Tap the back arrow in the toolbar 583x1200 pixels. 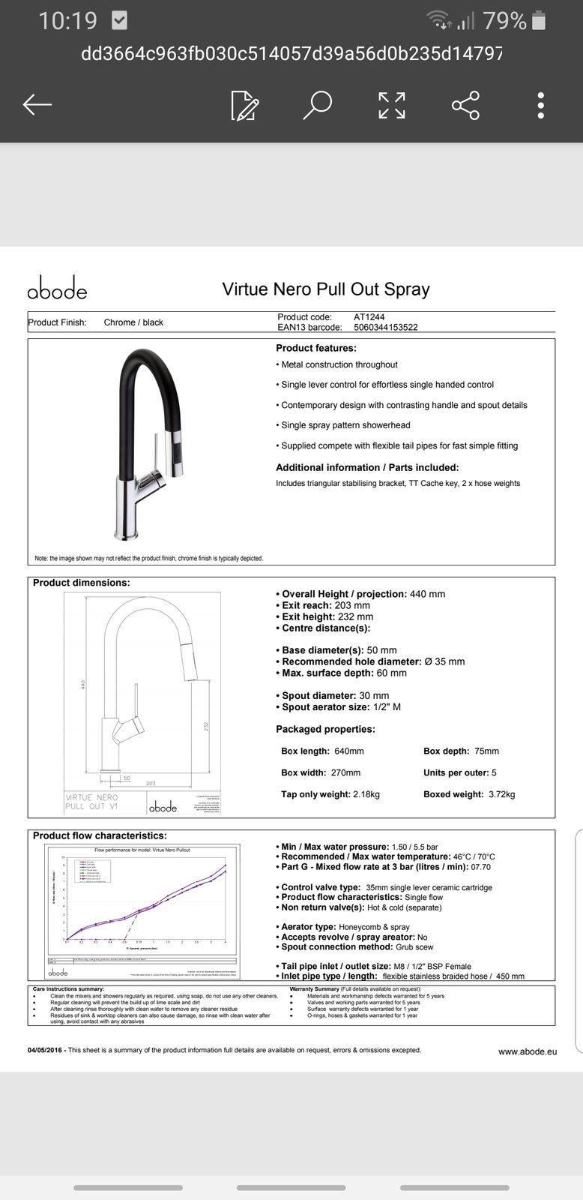click(37, 105)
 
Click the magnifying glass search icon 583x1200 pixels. click(317, 105)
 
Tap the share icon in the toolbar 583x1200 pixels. click(466, 105)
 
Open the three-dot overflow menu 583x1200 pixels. click(541, 105)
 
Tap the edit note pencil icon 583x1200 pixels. click(244, 106)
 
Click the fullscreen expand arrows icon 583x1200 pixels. click(392, 105)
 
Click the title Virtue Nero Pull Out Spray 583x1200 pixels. click(326, 289)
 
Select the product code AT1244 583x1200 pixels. click(369, 317)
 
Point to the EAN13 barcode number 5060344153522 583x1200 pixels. click(386, 327)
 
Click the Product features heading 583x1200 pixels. click(316, 348)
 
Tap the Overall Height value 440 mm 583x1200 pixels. click(427, 594)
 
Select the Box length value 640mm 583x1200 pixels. click(348, 751)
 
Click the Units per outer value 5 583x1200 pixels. click(494, 772)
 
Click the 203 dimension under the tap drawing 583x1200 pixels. click(151, 783)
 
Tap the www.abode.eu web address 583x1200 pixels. click(528, 1051)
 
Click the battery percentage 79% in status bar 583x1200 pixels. click(504, 21)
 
